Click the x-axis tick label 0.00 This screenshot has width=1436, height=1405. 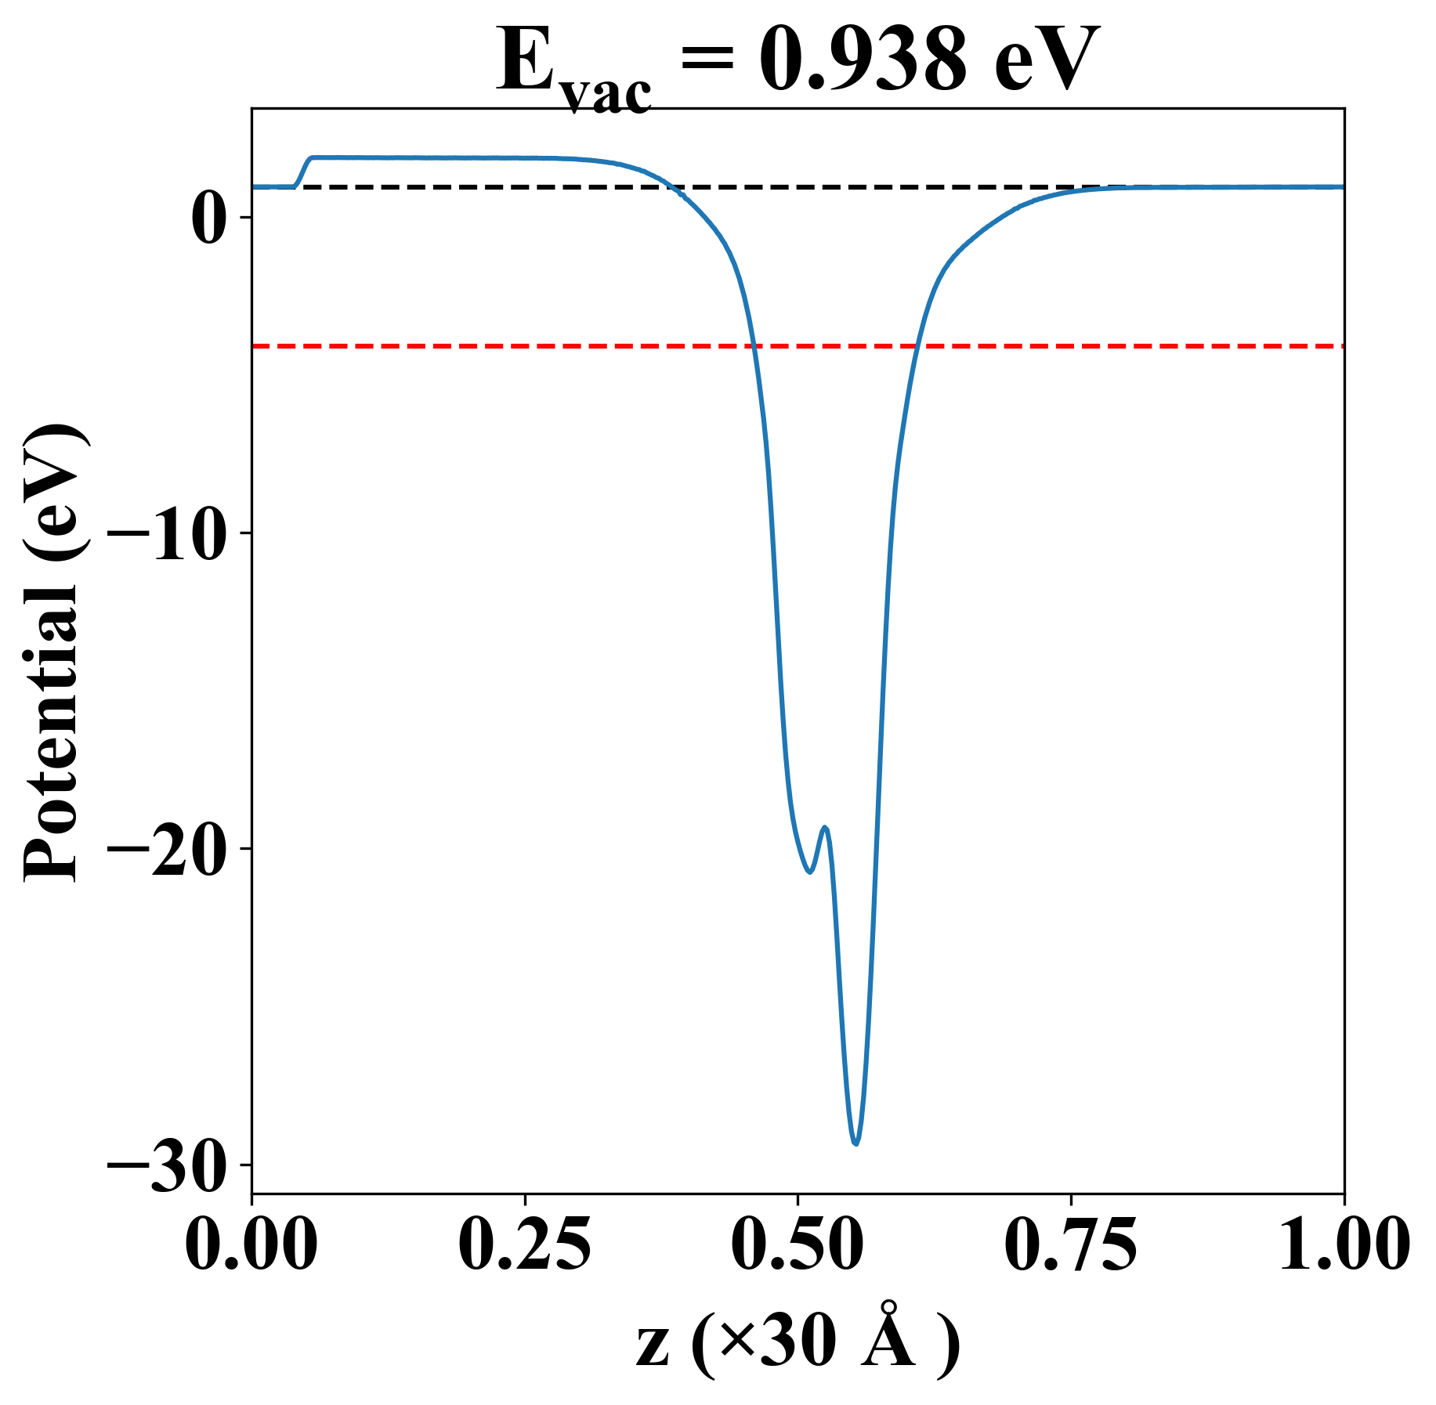coord(251,1242)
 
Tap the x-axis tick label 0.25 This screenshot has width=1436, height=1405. coord(524,1242)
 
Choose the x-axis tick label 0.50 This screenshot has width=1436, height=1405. coord(798,1242)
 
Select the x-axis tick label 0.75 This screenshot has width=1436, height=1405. coord(1070,1242)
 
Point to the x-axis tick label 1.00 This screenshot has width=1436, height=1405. coord(1343,1242)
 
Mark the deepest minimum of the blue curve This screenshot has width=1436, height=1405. coord(856,1144)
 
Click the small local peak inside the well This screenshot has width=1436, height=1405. coord(824,827)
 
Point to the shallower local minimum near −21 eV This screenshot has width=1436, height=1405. coord(810,872)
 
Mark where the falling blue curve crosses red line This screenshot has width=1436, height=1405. coord(754,345)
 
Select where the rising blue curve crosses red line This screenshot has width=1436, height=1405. coord(916,345)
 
